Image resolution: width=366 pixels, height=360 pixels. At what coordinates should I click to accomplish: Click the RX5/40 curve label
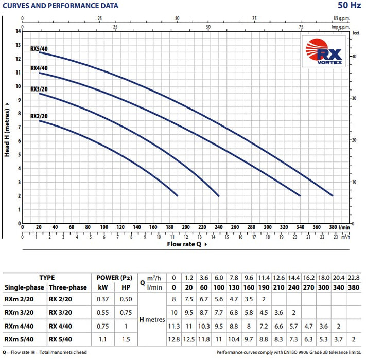[x=40, y=48]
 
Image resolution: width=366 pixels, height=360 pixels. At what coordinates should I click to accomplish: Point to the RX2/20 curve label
[x=39, y=116]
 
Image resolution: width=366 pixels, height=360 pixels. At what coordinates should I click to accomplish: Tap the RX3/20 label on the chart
[x=39, y=89]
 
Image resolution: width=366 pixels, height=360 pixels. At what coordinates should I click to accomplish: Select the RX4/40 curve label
[x=39, y=68]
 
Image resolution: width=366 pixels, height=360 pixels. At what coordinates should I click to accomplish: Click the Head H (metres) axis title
[x=7, y=129]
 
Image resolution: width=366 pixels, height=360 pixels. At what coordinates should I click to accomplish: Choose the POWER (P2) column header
[x=115, y=277]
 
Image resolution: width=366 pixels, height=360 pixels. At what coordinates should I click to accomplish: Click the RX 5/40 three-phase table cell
[x=60, y=339]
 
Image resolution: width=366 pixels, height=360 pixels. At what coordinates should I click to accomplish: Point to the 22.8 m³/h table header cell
[x=353, y=277]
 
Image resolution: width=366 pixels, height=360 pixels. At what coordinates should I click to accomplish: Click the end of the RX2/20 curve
[x=177, y=195]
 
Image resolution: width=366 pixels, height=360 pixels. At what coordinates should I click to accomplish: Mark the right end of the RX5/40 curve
[x=333, y=195]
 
